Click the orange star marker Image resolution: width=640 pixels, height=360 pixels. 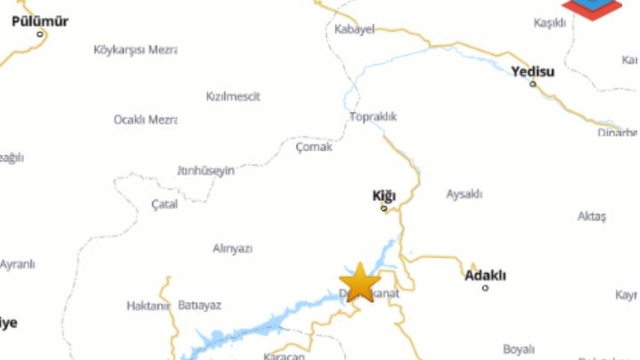(x=359, y=282)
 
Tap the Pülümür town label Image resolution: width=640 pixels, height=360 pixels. (x=40, y=20)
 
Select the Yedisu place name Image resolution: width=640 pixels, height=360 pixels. (x=532, y=71)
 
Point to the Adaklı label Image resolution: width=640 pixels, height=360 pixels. (x=486, y=274)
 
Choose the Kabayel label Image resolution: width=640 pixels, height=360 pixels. (x=354, y=29)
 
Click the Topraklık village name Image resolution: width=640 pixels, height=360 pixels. (x=373, y=117)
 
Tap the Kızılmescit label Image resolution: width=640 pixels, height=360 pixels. (x=232, y=96)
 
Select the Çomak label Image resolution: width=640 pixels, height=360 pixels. (x=313, y=146)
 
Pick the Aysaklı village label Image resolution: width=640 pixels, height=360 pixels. (x=464, y=193)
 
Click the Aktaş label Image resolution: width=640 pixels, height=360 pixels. (x=592, y=216)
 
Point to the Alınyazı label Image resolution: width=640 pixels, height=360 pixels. (x=232, y=248)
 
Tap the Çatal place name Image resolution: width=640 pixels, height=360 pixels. (x=164, y=204)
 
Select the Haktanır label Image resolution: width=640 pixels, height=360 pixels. (x=149, y=305)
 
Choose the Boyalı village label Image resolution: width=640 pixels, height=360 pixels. (x=519, y=349)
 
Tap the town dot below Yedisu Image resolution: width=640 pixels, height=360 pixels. (x=533, y=84)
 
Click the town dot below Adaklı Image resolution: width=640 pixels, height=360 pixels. (x=486, y=288)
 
